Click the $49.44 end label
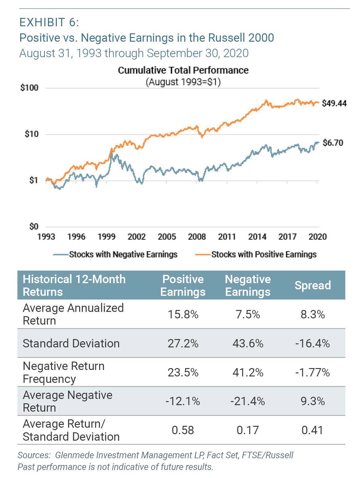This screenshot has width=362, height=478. click(x=334, y=103)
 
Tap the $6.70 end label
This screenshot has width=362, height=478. click(x=333, y=143)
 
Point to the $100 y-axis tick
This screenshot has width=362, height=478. click(x=29, y=88)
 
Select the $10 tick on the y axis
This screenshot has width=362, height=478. click(x=32, y=134)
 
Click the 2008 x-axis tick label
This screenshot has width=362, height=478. click(x=197, y=237)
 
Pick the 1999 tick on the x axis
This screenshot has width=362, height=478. click(x=106, y=237)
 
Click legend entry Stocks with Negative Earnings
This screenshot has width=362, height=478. click(x=123, y=254)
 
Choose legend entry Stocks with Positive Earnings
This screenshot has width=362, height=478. click(x=264, y=254)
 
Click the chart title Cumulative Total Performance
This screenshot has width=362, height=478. click(x=183, y=70)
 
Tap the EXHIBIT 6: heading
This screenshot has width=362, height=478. click(x=49, y=23)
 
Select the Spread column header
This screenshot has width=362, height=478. click(x=313, y=285)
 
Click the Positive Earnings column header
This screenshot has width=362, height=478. click(x=183, y=285)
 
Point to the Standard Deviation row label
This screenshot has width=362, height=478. click(x=71, y=343)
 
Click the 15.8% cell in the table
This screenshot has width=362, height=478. click(x=183, y=314)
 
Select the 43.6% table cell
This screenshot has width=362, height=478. click(x=248, y=343)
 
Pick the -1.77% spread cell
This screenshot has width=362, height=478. click(x=312, y=372)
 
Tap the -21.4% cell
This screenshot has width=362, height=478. click(x=248, y=401)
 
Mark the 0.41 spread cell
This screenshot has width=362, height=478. click(x=312, y=430)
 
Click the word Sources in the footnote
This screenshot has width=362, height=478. click(x=34, y=455)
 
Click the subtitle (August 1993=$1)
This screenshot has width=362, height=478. click(x=183, y=82)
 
